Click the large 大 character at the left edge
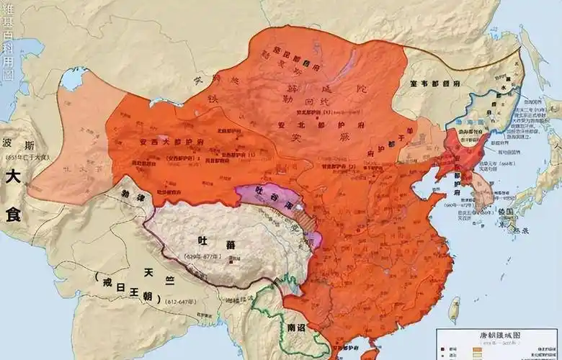(x=15, y=177)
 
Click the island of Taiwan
(x=455, y=309)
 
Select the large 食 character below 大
(x=16, y=215)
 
